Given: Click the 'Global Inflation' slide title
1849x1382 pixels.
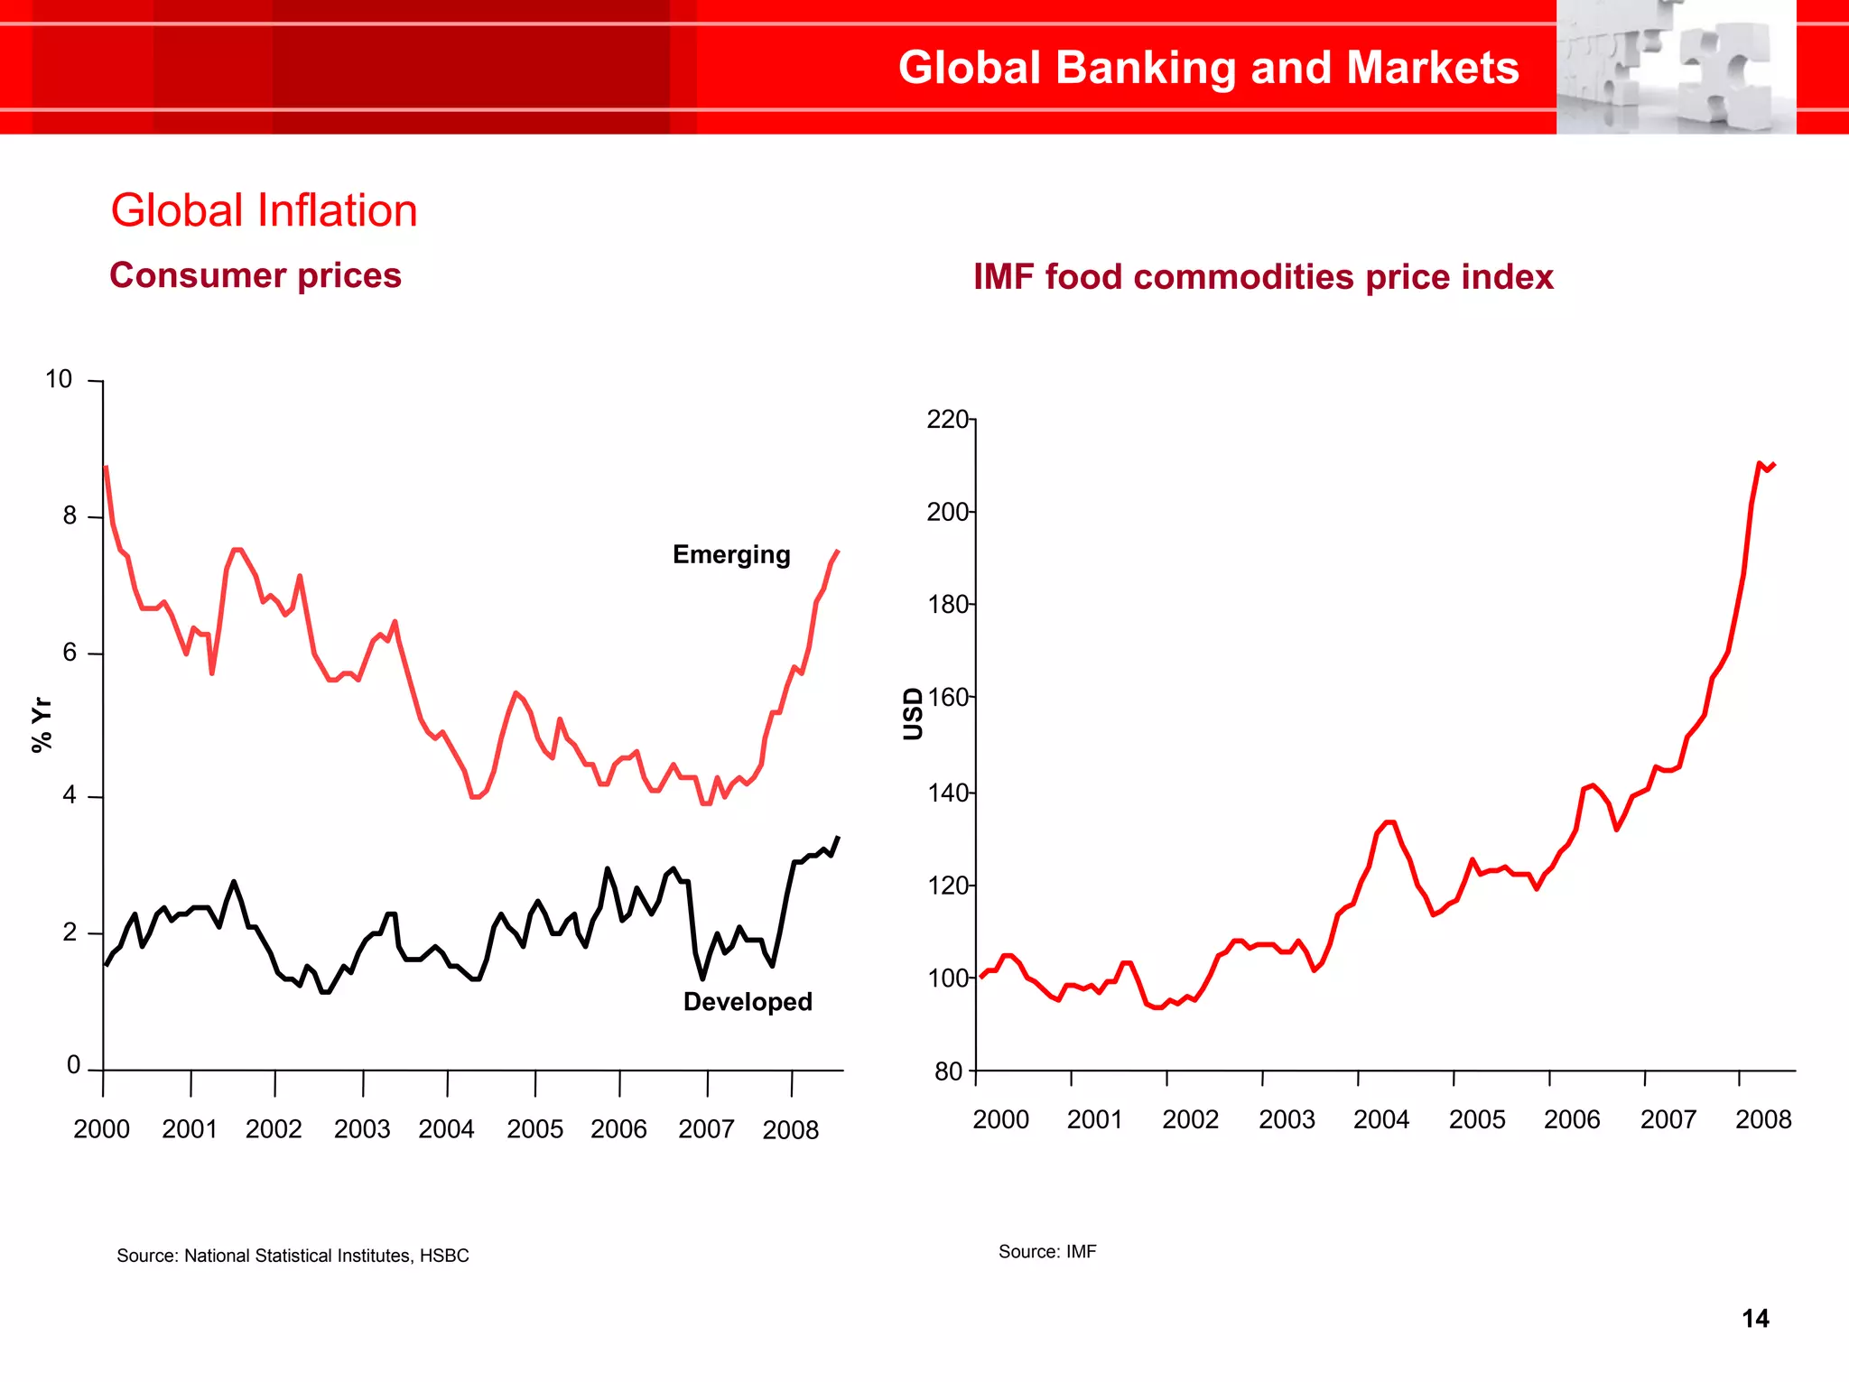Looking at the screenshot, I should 264,210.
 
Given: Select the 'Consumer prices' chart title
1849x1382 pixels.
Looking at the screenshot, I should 256,275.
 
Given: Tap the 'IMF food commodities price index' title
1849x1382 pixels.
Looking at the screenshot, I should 1263,277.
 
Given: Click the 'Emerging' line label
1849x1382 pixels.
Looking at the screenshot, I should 731,554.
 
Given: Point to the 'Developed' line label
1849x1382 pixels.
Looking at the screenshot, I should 748,1002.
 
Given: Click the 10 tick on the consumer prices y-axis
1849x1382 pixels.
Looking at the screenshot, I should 59,379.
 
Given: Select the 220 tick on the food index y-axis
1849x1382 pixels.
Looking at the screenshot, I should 946,420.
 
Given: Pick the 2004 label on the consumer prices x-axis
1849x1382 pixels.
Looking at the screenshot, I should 446,1129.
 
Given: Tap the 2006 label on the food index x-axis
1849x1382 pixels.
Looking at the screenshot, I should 1572,1120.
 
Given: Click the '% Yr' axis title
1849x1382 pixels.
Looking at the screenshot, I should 42,724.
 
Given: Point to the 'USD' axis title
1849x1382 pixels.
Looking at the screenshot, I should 914,714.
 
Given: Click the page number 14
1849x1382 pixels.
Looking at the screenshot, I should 1755,1319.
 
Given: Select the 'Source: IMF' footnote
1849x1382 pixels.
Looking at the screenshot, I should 1047,1252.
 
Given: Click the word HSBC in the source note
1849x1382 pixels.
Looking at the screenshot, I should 444,1256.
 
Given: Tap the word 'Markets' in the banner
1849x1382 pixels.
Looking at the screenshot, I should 1433,68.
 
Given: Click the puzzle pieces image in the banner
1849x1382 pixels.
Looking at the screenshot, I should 1676,68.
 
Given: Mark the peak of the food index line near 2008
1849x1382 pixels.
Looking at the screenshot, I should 1760,463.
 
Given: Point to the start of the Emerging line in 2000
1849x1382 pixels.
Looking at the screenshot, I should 107,468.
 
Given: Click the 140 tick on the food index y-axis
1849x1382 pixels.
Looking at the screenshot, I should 946,793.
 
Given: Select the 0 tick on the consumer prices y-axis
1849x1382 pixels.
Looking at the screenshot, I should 74,1065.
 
